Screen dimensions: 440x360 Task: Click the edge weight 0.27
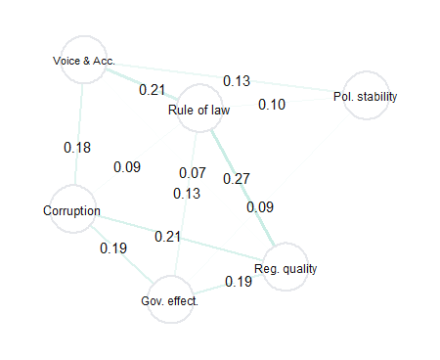[x=237, y=179]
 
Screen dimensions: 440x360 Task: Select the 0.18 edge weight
[x=77, y=148]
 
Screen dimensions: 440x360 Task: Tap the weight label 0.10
[x=272, y=105]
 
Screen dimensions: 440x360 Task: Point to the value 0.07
[x=193, y=172]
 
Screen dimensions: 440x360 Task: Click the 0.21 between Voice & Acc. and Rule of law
[x=152, y=90]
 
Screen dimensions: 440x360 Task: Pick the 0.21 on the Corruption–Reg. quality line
[x=167, y=237]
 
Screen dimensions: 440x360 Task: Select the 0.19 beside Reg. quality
[x=239, y=282]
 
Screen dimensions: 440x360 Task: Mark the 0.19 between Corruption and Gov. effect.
[x=113, y=248]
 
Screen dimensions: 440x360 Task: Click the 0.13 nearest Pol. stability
[x=237, y=81]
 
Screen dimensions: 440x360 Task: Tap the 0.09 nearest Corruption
[x=127, y=167]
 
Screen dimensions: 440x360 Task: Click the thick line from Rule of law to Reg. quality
[x=242, y=187]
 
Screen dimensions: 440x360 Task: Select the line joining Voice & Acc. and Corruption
[x=78, y=134]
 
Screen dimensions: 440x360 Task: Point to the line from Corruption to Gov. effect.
[x=122, y=253]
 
